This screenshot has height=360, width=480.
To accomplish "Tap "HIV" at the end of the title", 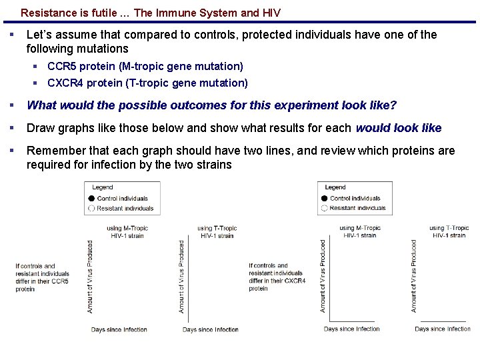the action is click(271, 13).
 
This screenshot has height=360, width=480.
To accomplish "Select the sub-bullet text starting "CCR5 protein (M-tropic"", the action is click(145, 66).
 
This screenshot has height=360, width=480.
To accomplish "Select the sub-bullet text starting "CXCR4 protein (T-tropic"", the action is click(147, 83).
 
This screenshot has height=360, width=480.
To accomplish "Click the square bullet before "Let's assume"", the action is click(11, 34).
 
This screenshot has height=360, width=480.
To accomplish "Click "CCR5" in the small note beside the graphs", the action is click(59, 281).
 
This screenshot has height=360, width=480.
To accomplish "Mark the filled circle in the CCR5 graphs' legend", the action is click(91, 199).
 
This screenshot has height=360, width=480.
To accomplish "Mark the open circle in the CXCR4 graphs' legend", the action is click(324, 208).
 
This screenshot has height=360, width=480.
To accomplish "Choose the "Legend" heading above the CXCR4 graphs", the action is click(335, 187).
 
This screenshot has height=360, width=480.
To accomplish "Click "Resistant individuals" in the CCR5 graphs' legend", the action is click(125, 208).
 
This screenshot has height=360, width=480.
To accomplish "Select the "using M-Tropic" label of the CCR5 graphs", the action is click(127, 228).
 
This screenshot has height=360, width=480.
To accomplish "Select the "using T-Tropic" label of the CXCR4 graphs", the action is click(449, 228).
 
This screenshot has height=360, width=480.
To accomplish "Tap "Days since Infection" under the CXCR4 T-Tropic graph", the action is click(443, 329).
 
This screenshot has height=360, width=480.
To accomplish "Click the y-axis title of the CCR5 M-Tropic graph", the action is click(90, 277).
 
